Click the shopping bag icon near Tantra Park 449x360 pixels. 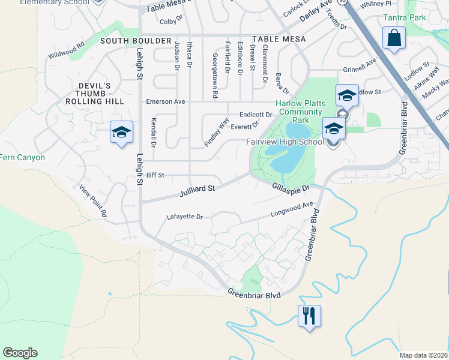[x=394, y=39]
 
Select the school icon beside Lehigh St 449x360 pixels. [x=121, y=133]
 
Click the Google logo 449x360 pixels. [x=20, y=353]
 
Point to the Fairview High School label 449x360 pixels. [x=285, y=142]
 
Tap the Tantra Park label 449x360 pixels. [x=406, y=17]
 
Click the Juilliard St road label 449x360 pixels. [x=197, y=191]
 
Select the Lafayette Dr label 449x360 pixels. [x=185, y=217]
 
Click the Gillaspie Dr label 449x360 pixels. [x=291, y=188]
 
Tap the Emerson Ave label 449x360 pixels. [x=166, y=102]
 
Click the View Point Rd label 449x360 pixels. [x=94, y=201]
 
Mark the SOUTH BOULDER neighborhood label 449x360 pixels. [x=127, y=40]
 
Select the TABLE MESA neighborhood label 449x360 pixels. [x=279, y=39]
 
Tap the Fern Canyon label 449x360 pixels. [x=22, y=158]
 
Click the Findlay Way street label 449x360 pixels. [x=217, y=133]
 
